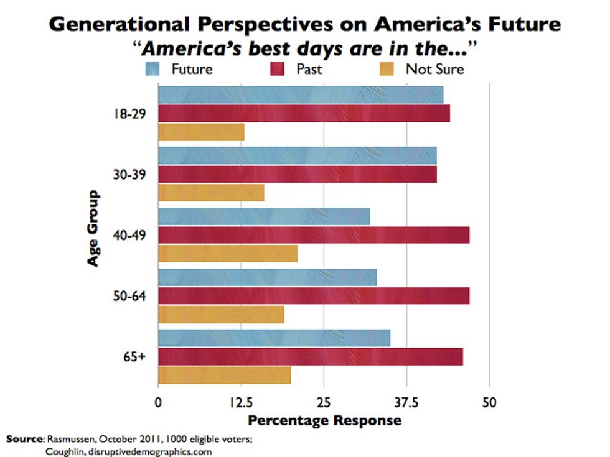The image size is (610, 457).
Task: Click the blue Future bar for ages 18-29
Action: (301, 95)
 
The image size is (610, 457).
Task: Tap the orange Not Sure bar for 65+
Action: (225, 376)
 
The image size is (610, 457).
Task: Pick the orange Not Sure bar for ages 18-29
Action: (201, 132)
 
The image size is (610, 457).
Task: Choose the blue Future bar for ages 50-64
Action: (267, 277)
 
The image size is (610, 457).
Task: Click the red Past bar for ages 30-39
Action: (298, 175)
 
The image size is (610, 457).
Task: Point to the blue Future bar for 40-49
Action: (264, 216)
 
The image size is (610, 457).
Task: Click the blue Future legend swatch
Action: (153, 68)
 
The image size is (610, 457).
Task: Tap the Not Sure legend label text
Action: (434, 68)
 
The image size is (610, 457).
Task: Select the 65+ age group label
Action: (135, 358)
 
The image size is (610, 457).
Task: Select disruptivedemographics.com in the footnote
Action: (153, 451)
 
